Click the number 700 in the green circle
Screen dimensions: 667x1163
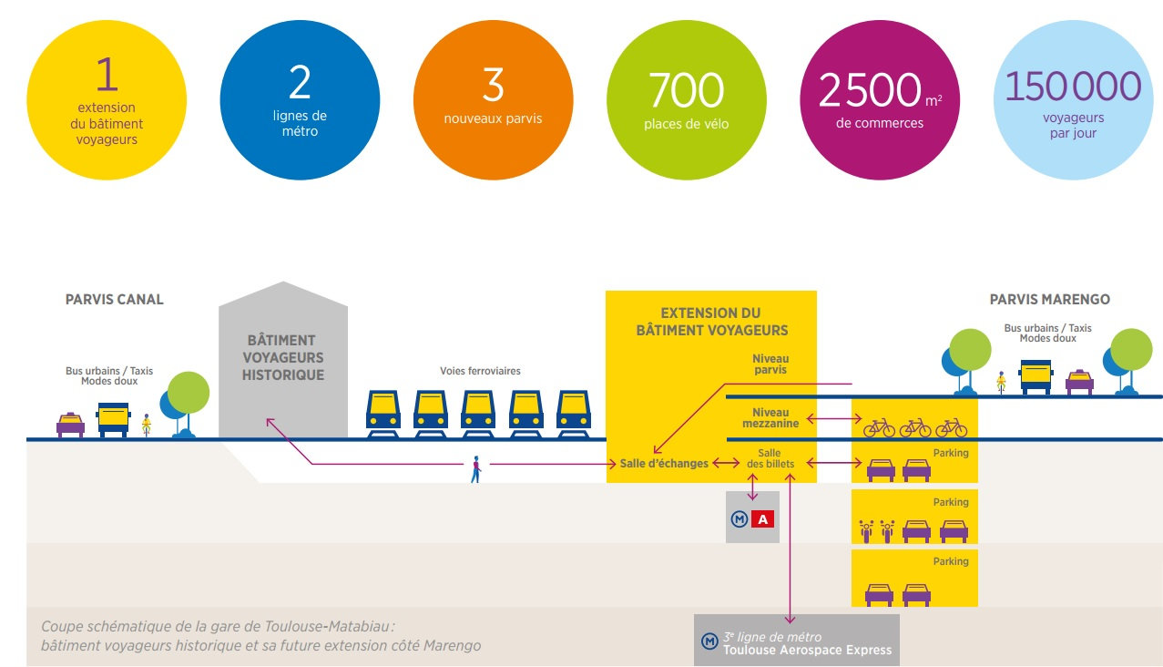pyautogui.click(x=686, y=90)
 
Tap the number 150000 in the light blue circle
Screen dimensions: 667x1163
pyautogui.click(x=1072, y=87)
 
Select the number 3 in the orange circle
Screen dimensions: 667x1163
pyautogui.click(x=493, y=85)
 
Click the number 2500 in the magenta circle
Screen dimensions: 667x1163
pyautogui.click(x=870, y=90)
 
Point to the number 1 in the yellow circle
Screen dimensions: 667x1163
pyautogui.click(x=107, y=76)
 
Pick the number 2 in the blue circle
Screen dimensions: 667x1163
pyautogui.click(x=300, y=83)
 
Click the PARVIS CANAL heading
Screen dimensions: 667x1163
pyautogui.click(x=115, y=300)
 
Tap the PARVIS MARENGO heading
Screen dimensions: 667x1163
pyautogui.click(x=1049, y=300)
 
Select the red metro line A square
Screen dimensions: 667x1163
pyautogui.click(x=763, y=519)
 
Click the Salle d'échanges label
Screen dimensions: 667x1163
pyautogui.click(x=664, y=464)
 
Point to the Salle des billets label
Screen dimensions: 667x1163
pyautogui.click(x=770, y=458)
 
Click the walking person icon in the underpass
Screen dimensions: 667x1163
pyautogui.click(x=474, y=468)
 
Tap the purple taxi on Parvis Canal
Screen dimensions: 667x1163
pyautogui.click(x=70, y=425)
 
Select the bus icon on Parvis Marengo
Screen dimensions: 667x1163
pyautogui.click(x=1035, y=376)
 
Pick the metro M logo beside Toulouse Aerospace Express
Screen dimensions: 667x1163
pyautogui.click(x=709, y=641)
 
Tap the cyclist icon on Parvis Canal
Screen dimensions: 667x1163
pyautogui.click(x=146, y=425)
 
